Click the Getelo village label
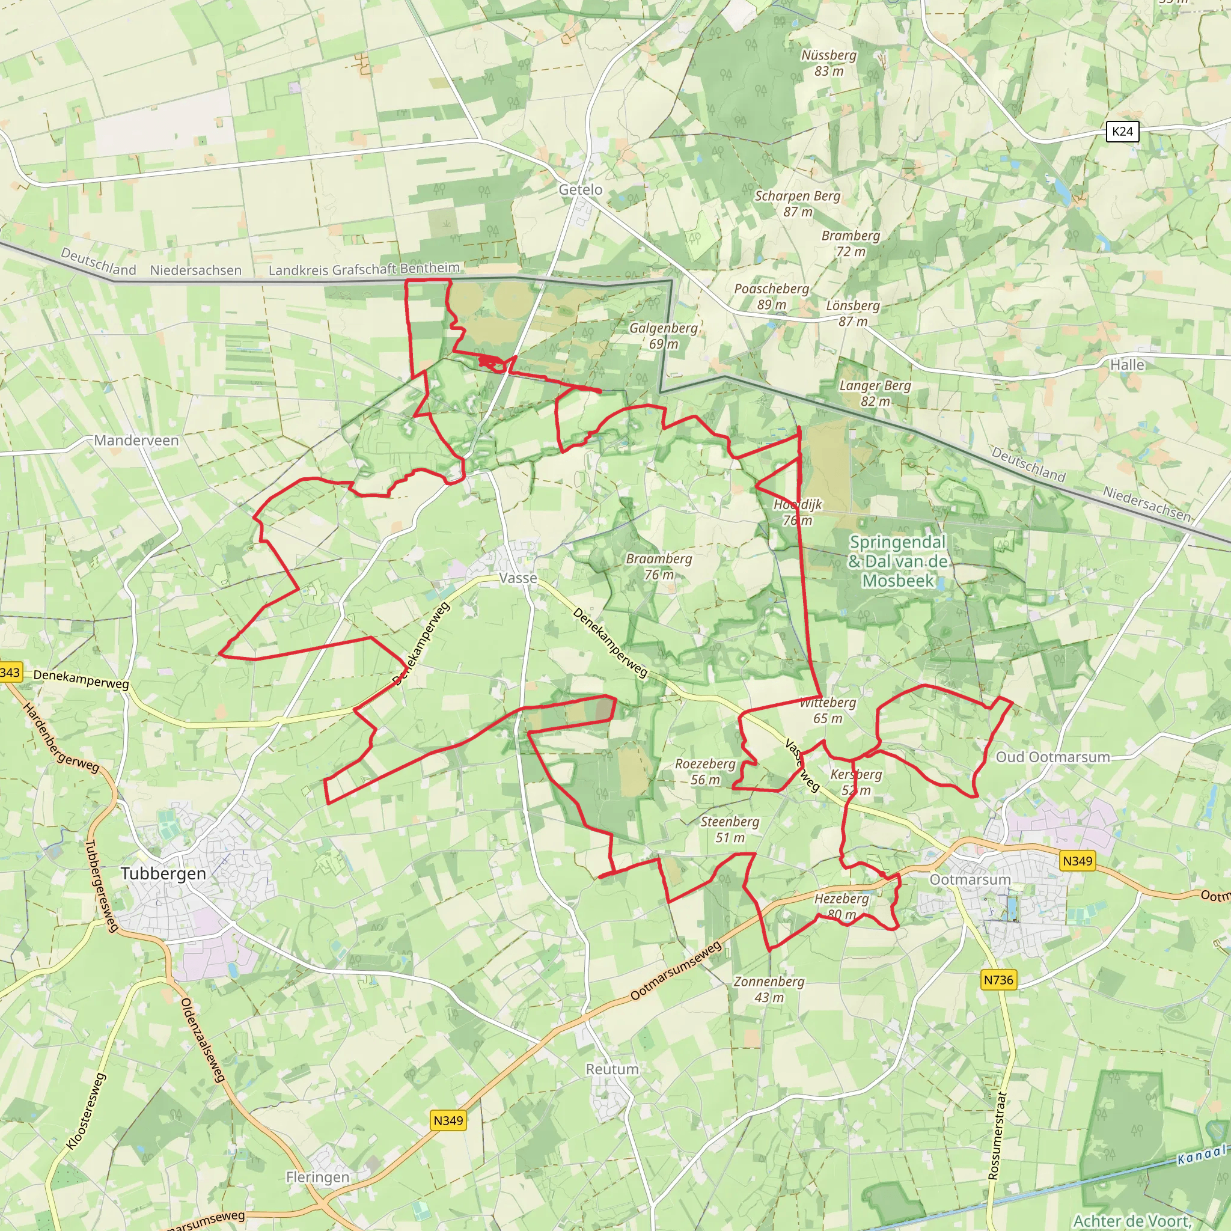tap(580, 190)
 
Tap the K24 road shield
tap(1122, 132)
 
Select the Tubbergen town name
tap(163, 873)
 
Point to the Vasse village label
tap(518, 578)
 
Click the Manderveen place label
tap(136, 440)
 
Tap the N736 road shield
tap(998, 980)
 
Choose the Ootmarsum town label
tap(970, 880)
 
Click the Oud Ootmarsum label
tap(1052, 757)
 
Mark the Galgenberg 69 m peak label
tap(664, 336)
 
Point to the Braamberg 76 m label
tap(659, 566)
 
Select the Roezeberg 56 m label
tap(705, 772)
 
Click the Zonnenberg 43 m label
tap(769, 989)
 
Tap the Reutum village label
tap(612, 1069)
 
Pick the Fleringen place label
tap(317, 1177)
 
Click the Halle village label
tap(1127, 365)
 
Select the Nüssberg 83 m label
tap(829, 63)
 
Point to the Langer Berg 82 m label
tap(875, 393)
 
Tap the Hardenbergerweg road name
tap(61, 738)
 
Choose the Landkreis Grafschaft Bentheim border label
tap(364, 269)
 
